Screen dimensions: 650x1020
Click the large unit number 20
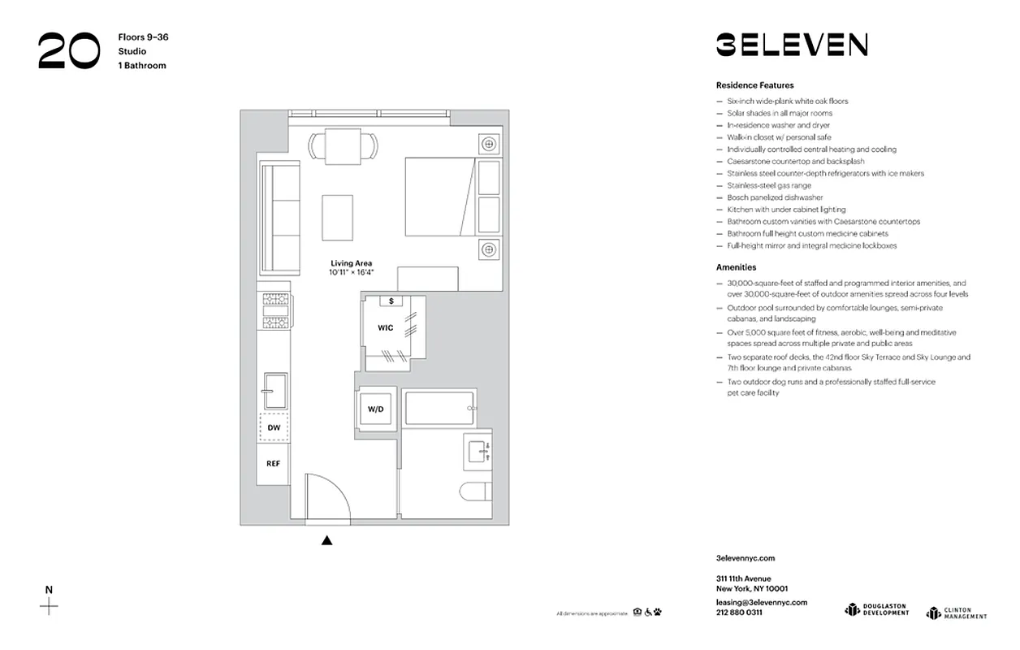(x=68, y=51)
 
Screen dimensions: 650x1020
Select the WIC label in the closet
(x=385, y=327)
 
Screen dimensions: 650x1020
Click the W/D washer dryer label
(x=375, y=409)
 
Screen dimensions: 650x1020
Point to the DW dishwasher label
(x=274, y=427)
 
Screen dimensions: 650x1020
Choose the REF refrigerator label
(x=274, y=463)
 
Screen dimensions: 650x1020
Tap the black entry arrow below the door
(x=326, y=540)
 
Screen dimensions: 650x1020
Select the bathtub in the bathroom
(x=439, y=408)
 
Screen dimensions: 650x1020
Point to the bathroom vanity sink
(x=478, y=449)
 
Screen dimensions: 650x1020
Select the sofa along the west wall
(x=274, y=218)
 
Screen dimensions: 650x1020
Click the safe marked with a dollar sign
(x=391, y=301)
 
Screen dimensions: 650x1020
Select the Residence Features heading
(x=754, y=85)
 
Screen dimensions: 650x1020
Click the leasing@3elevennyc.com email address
(x=761, y=602)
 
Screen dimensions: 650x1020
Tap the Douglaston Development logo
(x=875, y=609)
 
